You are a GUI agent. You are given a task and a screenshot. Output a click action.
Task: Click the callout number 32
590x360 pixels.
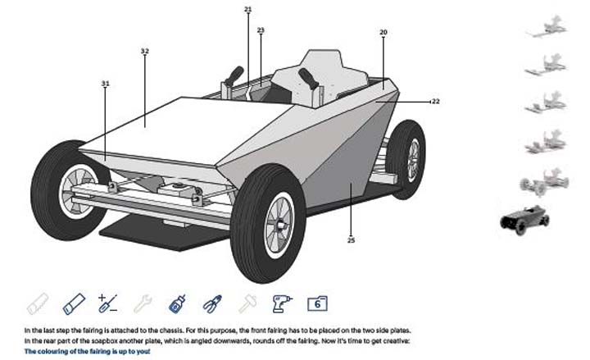[144, 52]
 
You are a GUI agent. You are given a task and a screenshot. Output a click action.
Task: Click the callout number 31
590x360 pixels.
[105, 84]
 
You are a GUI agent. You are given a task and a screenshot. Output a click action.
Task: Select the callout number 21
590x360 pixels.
[248, 10]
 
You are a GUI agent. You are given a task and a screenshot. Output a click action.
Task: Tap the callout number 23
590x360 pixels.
[261, 30]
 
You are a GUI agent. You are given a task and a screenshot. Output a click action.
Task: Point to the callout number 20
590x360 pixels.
[383, 33]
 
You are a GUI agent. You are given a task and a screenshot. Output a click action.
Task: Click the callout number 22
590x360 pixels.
[435, 102]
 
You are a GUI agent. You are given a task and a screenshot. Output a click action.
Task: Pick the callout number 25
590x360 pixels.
[351, 240]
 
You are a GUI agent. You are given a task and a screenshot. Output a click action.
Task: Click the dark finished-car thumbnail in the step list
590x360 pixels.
[524, 219]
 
